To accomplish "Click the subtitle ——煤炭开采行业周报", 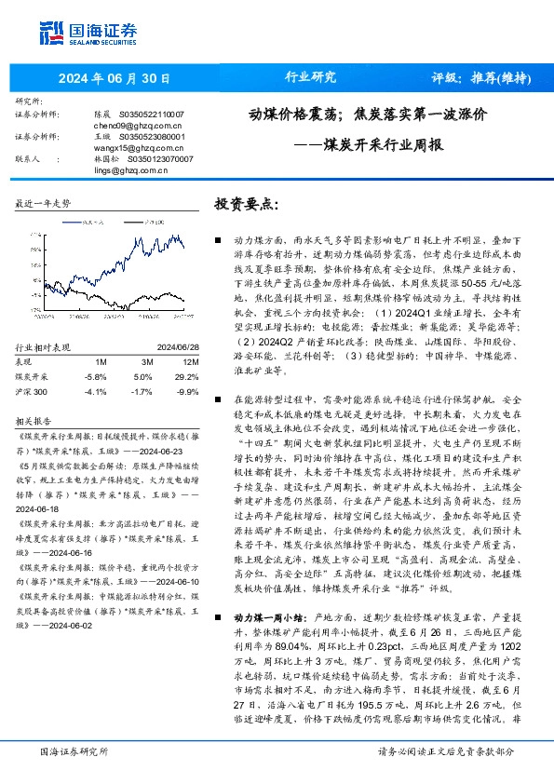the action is pyautogui.click(x=369, y=145).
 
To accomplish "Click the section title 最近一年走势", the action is pyautogui.click(x=44, y=202).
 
